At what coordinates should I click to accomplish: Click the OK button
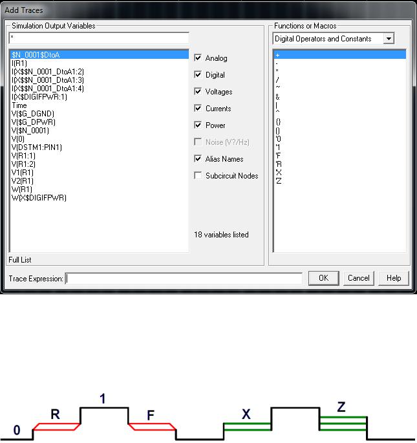pyautogui.click(x=323, y=278)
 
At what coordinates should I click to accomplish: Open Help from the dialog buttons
pyautogui.click(x=394, y=278)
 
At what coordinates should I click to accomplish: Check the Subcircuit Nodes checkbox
pyautogui.click(x=198, y=176)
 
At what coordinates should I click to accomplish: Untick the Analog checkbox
pyautogui.click(x=198, y=58)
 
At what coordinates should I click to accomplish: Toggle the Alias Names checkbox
pyautogui.click(x=198, y=159)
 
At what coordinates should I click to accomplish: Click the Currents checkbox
pyautogui.click(x=198, y=108)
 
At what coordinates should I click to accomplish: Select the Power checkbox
pyautogui.click(x=198, y=125)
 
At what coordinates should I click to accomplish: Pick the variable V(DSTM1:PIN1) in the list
pyautogui.click(x=37, y=147)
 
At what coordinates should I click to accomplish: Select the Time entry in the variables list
pyautogui.click(x=19, y=105)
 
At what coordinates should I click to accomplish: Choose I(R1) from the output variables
pyautogui.click(x=19, y=63)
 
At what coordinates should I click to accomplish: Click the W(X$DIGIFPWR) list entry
pyautogui.click(x=39, y=198)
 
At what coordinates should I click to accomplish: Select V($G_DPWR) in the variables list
pyautogui.click(x=34, y=122)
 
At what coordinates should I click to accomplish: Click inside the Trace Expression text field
pyautogui.click(x=184, y=279)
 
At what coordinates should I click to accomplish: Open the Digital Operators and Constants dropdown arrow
pyautogui.click(x=389, y=38)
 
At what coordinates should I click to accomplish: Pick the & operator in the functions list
pyautogui.click(x=277, y=97)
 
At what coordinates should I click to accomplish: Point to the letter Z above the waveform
pyautogui.click(x=341, y=407)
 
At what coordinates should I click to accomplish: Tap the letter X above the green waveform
pyautogui.click(x=246, y=414)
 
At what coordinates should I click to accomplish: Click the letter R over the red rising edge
pyautogui.click(x=55, y=415)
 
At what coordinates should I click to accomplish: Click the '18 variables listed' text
pyautogui.click(x=221, y=235)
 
